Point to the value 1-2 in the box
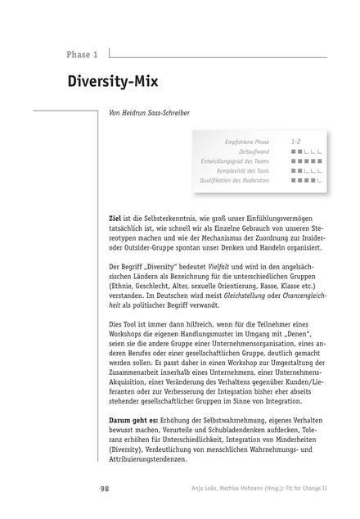click(x=295, y=142)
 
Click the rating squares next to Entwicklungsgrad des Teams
click(x=305, y=161)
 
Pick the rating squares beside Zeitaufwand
click(x=305, y=151)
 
